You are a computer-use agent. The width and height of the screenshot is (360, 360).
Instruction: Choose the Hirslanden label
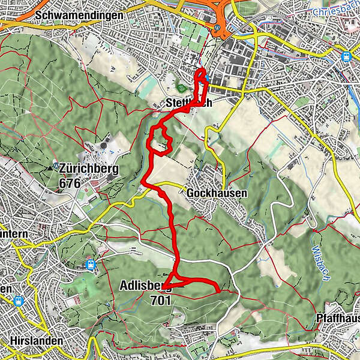(37, 341)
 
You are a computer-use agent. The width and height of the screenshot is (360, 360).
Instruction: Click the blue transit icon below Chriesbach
(346, 56)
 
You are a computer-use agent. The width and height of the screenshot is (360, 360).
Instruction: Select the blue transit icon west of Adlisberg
(91, 263)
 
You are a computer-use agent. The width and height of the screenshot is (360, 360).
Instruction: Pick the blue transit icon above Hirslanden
(18, 301)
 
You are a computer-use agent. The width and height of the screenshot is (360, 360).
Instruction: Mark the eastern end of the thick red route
(217, 292)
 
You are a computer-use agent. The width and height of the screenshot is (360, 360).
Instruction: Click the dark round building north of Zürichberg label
(104, 143)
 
